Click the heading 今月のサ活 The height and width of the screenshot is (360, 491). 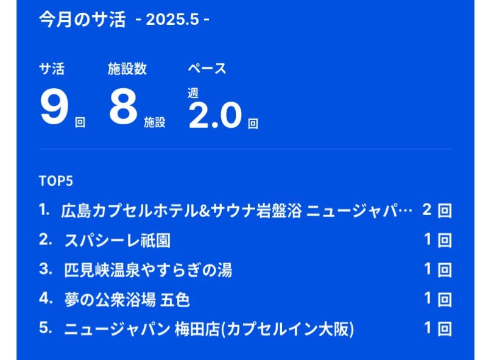point(82,19)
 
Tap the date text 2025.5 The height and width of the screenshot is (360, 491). point(172,19)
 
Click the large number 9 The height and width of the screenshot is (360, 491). point(54,107)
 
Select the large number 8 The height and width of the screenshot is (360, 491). point(124,107)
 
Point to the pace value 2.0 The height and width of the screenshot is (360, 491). point(216,115)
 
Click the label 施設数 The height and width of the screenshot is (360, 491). point(127,69)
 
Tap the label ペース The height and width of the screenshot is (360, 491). point(207,69)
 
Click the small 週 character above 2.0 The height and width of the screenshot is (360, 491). point(193,93)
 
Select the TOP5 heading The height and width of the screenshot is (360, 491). point(56,181)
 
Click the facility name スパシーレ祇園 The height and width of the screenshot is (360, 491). point(117,241)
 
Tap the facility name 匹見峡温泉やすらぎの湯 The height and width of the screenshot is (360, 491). point(148,270)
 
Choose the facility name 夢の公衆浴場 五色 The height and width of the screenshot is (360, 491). point(127,300)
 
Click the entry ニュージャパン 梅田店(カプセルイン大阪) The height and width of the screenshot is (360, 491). point(209,329)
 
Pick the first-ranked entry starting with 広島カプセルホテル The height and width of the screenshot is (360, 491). point(237,210)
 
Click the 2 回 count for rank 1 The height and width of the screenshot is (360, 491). point(437,210)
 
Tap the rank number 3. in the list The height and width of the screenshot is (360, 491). point(46,269)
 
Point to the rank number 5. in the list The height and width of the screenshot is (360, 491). point(46,328)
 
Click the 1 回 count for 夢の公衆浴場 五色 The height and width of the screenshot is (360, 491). point(438,299)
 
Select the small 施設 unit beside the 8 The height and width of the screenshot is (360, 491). point(155,122)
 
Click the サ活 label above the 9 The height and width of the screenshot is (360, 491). point(52,69)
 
